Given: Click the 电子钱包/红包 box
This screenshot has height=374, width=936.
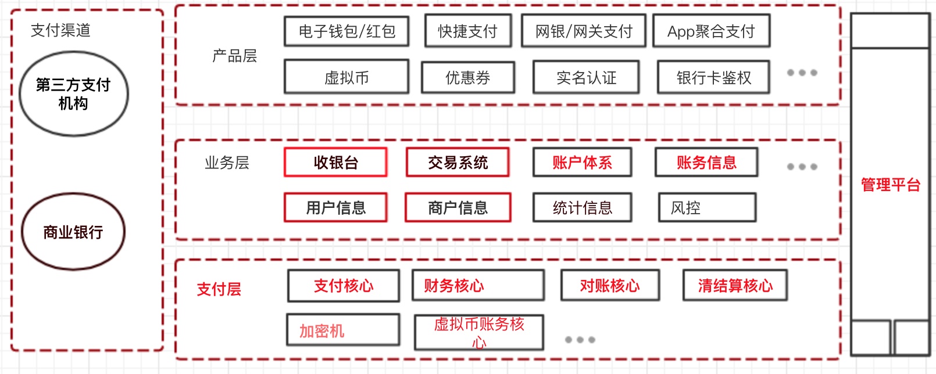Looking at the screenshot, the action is [346, 31].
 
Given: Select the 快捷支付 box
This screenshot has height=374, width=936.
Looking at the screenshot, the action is [468, 31].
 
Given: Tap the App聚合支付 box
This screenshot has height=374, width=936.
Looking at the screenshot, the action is [711, 31].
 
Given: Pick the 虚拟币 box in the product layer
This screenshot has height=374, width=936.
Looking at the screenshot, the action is [346, 77].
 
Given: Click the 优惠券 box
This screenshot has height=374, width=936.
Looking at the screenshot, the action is [468, 77].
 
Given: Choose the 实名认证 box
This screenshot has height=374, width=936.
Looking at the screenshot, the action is [586, 77].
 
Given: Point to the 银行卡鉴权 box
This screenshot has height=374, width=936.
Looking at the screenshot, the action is [713, 77].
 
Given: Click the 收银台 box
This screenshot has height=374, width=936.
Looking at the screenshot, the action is [335, 163].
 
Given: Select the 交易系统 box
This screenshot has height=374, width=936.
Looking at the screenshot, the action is [458, 163].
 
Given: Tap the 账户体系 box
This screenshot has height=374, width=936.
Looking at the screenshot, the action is [582, 163].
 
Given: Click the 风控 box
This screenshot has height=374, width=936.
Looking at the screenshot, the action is [707, 208].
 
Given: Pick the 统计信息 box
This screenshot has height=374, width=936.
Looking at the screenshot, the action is [582, 208].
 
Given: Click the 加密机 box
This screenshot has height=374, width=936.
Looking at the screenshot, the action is [343, 330].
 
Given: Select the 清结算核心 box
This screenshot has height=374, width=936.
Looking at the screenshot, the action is [735, 286].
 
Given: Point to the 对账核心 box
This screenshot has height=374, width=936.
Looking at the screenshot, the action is [610, 286].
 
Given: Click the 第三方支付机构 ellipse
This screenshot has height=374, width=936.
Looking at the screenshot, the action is [74, 94].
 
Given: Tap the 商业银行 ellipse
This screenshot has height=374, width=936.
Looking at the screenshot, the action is [73, 232].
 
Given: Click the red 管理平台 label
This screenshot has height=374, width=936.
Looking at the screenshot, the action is [890, 185].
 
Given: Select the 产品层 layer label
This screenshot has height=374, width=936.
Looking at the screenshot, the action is [234, 56].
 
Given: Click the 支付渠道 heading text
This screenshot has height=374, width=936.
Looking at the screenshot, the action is [60, 30].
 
